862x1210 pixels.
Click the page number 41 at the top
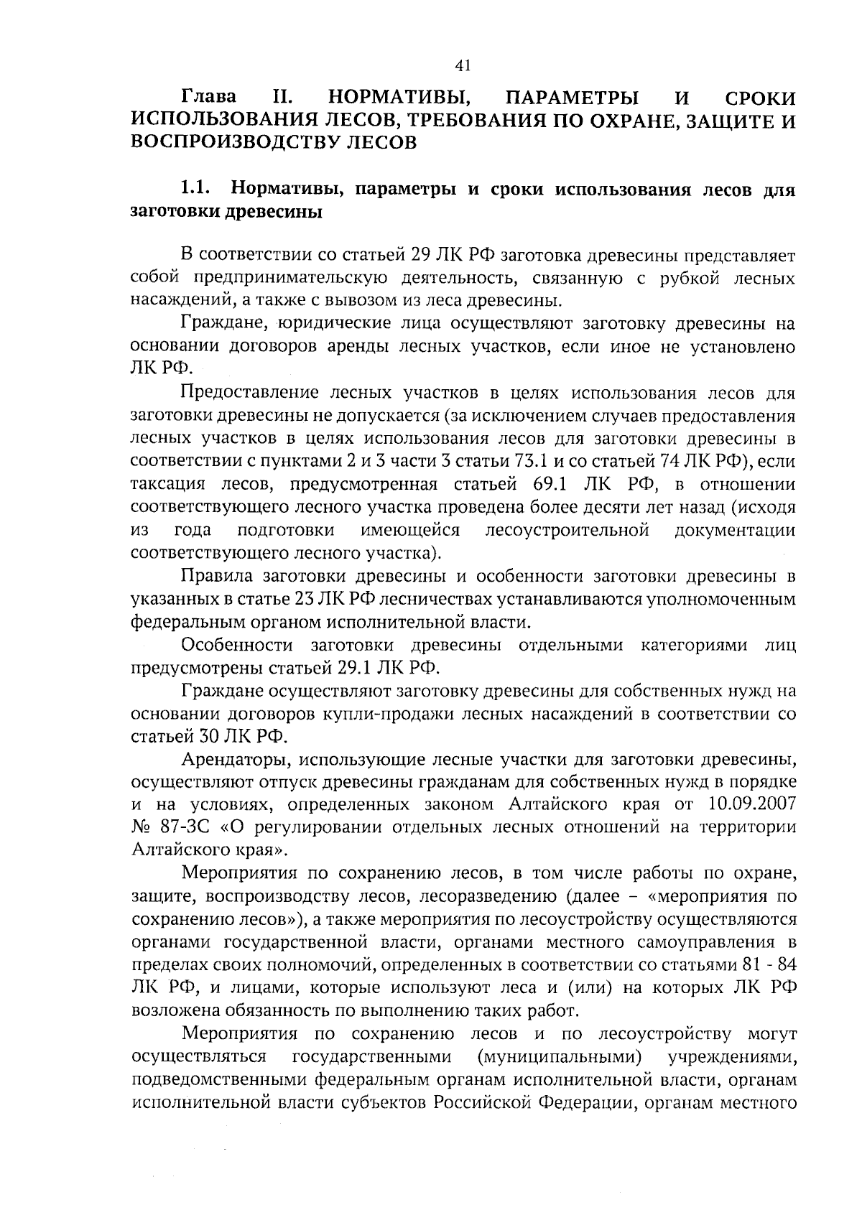point(463,65)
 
